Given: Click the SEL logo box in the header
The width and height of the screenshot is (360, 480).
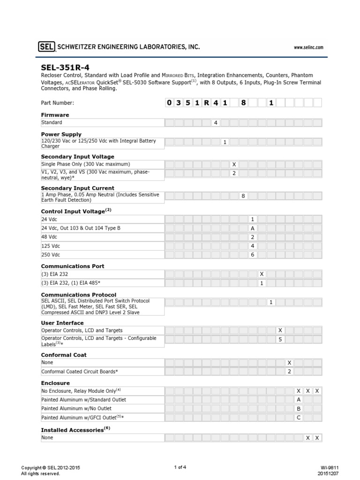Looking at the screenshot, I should [x=46, y=46].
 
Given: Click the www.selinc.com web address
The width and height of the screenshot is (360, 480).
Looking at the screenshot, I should [x=308, y=47].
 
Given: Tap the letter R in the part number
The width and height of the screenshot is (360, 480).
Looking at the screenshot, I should [x=206, y=103].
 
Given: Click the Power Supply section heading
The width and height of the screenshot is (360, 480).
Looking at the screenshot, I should [x=61, y=134].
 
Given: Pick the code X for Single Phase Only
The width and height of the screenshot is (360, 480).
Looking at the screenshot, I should [x=234, y=165].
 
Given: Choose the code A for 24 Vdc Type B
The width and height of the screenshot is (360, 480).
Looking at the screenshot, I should [x=252, y=228].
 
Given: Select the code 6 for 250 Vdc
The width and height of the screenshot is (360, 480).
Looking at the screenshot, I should [x=252, y=255].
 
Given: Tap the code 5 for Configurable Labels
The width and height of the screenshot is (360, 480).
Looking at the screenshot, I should [x=280, y=339].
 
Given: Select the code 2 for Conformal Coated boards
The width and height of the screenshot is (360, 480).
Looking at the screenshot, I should [x=289, y=371].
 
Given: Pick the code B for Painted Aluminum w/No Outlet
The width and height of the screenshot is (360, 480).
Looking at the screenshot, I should [x=299, y=409].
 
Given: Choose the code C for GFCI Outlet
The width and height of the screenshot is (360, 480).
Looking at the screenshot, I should [x=299, y=418].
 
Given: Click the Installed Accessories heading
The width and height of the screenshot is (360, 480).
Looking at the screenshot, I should [x=75, y=429].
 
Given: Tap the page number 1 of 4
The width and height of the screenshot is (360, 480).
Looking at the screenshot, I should [x=180, y=467].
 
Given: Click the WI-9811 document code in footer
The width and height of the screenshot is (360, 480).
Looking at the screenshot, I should [x=330, y=467].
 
